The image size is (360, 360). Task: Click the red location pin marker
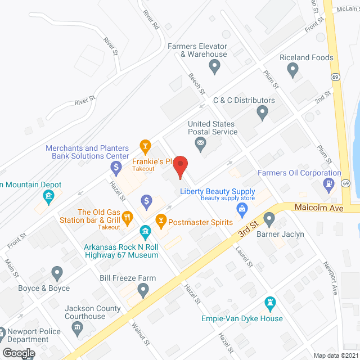click(179, 166)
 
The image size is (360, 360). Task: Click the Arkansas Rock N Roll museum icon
click(145, 231)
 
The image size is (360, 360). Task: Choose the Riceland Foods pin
click(292, 70)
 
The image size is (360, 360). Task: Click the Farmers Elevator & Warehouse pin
click(214, 67)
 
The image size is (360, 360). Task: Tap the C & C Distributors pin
click(262, 112)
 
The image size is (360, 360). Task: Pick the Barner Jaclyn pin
click(269, 218)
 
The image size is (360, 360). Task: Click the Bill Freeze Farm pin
click(143, 290)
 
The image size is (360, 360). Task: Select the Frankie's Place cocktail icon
click(145, 148)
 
